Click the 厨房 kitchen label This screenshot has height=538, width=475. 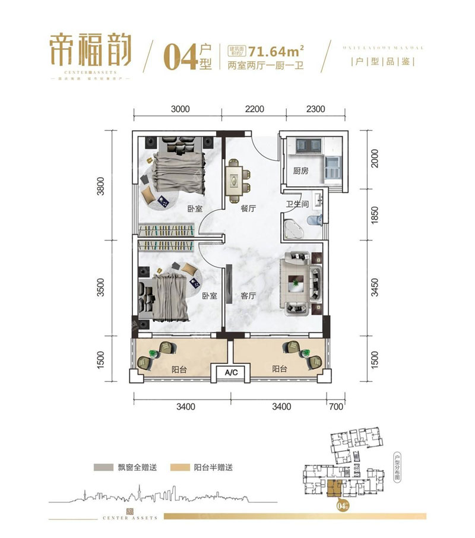301,171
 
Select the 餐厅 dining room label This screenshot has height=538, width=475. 248,209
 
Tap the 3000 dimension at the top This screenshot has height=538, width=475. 179,109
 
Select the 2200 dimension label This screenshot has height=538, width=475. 254,109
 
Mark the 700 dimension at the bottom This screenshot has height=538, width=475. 335,407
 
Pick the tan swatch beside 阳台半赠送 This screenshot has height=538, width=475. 181,467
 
